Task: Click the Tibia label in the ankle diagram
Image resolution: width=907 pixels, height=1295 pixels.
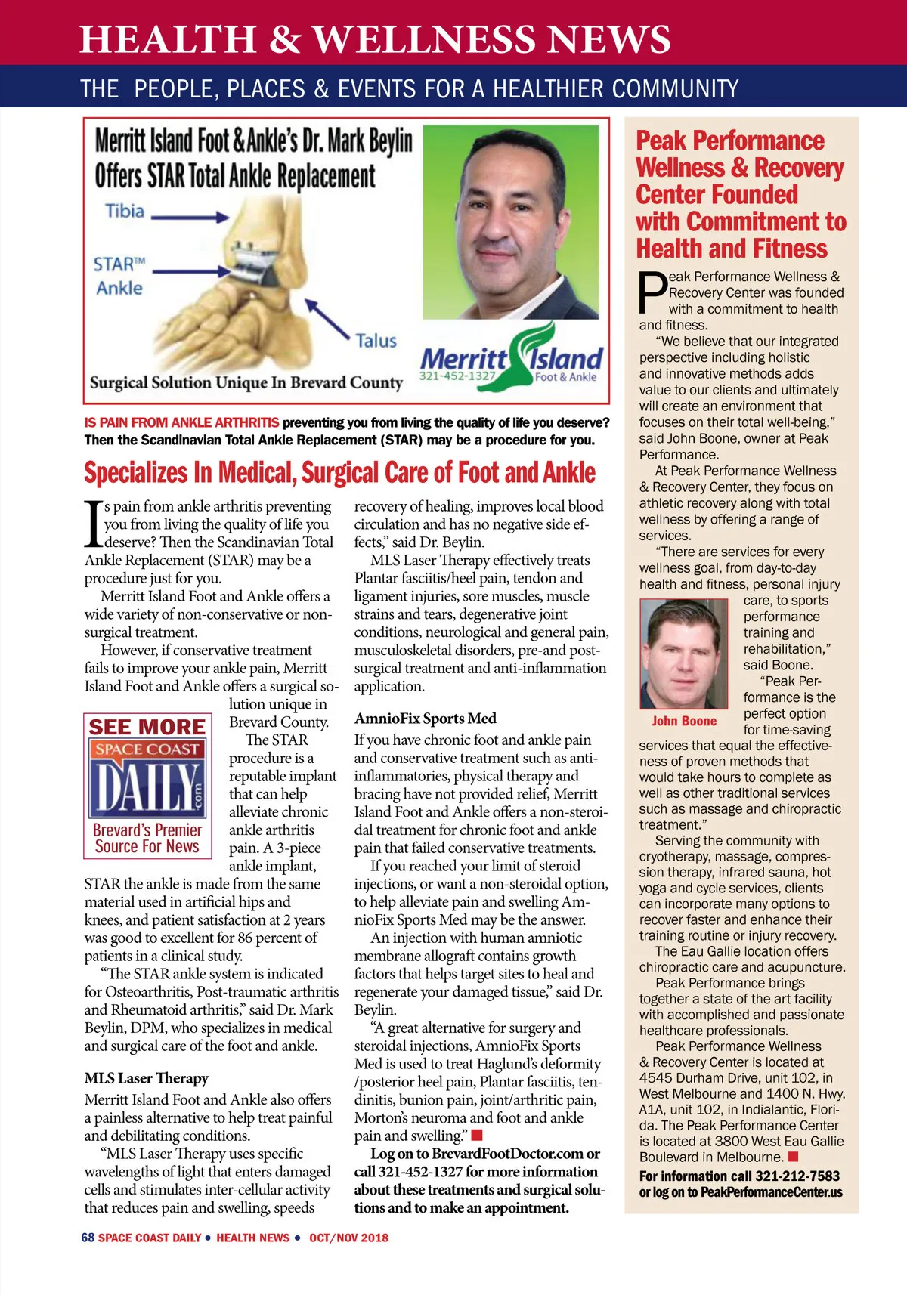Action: click(124, 211)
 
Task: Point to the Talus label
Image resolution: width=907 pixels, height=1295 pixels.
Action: click(376, 341)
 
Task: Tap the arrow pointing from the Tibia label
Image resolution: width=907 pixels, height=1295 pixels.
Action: click(190, 218)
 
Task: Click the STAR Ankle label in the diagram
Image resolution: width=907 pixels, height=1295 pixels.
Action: click(119, 276)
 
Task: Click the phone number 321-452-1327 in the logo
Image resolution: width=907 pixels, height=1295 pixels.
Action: click(457, 376)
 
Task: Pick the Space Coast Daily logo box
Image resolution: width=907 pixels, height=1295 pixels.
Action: click(147, 786)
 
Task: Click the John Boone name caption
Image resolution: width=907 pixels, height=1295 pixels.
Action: click(684, 722)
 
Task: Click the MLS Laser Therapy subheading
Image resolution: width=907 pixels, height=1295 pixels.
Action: click(147, 1078)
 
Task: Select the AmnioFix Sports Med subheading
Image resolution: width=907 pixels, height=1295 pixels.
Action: click(426, 719)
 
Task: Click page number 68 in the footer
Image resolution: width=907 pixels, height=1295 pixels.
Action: click(88, 1238)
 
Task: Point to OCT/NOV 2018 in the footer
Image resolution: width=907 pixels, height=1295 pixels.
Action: click(348, 1238)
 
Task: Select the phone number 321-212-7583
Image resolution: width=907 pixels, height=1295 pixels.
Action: click(797, 1176)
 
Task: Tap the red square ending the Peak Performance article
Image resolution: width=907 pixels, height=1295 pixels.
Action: click(793, 1157)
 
